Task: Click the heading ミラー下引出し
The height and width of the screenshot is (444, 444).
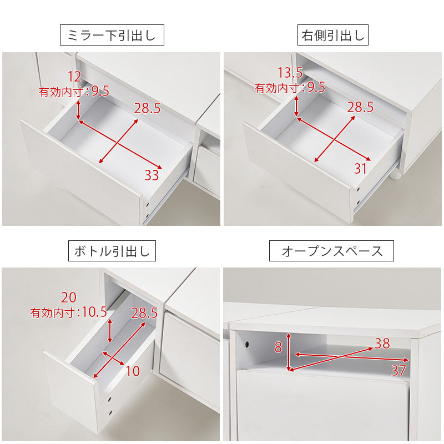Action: [x=112, y=35]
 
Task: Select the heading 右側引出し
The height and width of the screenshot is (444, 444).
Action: [x=332, y=35]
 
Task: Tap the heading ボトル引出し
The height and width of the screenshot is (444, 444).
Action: [x=112, y=251]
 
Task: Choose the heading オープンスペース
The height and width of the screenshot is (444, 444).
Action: [x=331, y=251]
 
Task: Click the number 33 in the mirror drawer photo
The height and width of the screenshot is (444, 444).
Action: [x=152, y=175]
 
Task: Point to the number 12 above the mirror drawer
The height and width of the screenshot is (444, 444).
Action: [x=74, y=77]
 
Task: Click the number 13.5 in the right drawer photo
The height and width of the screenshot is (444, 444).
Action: [x=290, y=73]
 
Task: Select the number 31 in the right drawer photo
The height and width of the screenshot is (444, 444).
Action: [x=360, y=169]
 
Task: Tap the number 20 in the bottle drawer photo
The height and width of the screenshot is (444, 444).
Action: [x=69, y=297]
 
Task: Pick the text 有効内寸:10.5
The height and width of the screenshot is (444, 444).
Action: [x=69, y=312]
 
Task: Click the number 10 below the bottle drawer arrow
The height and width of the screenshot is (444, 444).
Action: [x=133, y=371]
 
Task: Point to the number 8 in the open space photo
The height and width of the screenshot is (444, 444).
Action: [x=279, y=347]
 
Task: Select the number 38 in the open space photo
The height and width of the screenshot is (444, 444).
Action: [x=382, y=344]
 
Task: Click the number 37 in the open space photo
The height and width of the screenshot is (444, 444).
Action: [x=398, y=370]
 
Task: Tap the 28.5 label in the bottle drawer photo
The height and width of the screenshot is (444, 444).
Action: [x=144, y=313]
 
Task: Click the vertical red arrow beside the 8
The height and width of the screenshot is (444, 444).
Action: [x=289, y=352]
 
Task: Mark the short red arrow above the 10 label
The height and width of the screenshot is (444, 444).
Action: [x=113, y=359]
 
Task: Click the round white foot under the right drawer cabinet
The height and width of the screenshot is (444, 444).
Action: [x=396, y=175]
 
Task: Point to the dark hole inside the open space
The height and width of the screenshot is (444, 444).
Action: [x=247, y=345]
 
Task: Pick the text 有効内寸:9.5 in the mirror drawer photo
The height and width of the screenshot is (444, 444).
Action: [x=74, y=92]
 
